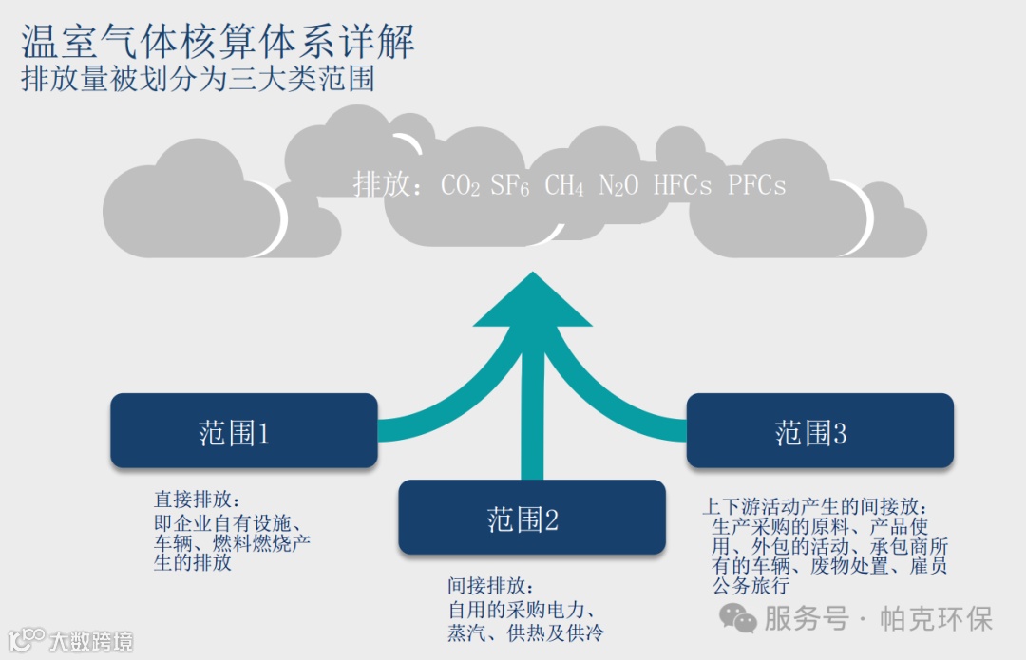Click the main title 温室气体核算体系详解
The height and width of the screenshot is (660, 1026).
pyautogui.click(x=218, y=44)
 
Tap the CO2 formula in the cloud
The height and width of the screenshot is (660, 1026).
pyautogui.click(x=461, y=185)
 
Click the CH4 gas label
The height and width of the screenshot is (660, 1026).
pyautogui.click(x=564, y=185)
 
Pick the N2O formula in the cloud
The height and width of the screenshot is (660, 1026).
pyautogui.click(x=618, y=185)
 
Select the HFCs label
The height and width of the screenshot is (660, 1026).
pyautogui.click(x=682, y=184)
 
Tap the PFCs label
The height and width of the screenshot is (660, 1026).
pyautogui.click(x=757, y=184)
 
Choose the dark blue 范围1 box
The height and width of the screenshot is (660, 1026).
pyautogui.click(x=244, y=431)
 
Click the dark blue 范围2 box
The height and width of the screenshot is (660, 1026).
pyautogui.click(x=532, y=518)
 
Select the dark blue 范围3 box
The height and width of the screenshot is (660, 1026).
pyautogui.click(x=820, y=431)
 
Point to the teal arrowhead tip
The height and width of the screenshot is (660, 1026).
pyautogui.click(x=534, y=277)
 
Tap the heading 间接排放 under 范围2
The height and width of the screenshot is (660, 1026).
pyautogui.click(x=484, y=586)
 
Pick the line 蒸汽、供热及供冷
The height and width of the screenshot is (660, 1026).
pyautogui.click(x=525, y=632)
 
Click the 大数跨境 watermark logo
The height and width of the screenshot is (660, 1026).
pyautogui.click(x=70, y=641)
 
